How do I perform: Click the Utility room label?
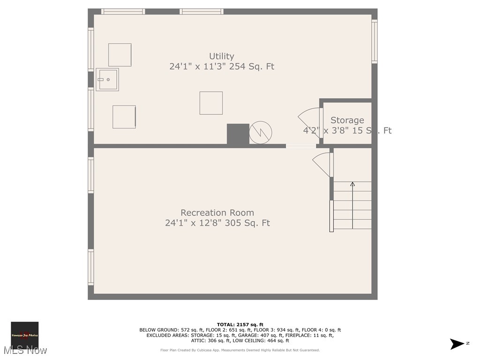(x=221, y=56)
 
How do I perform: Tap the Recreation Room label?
(x=217, y=212)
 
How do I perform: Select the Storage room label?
(x=347, y=120)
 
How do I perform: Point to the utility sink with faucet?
(x=107, y=80)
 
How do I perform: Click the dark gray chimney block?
(x=238, y=134)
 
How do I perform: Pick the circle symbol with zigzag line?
(x=261, y=133)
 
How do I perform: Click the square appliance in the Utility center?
(x=211, y=103)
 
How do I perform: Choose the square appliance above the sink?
(x=120, y=55)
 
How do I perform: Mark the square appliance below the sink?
(x=124, y=117)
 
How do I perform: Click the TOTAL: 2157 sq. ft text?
(x=240, y=324)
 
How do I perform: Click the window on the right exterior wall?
(x=375, y=41)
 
